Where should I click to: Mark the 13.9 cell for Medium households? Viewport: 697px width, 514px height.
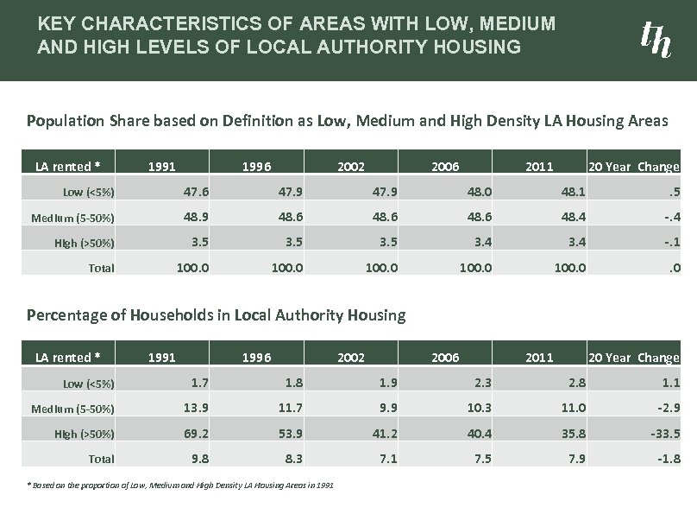pyautogui.click(x=193, y=407)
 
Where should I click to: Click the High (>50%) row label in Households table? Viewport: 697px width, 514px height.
pyautogui.click(x=84, y=434)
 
